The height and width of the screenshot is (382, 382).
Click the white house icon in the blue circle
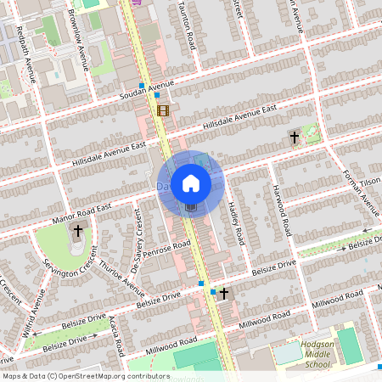191,183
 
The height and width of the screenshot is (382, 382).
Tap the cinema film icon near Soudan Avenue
162,110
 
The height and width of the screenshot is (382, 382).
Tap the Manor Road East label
82,210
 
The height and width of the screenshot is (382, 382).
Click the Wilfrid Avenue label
33,311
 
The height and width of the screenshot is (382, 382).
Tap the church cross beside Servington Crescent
78,230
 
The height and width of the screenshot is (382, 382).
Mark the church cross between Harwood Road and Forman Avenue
295,137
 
